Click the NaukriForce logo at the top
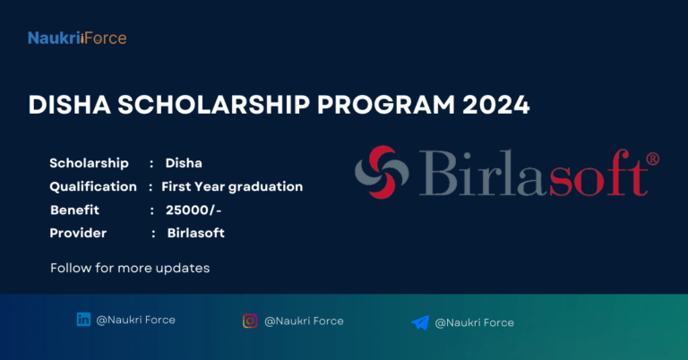[76, 38]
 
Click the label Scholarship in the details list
[89, 163]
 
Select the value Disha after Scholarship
[184, 163]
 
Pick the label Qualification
[92, 186]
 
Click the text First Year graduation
[232, 186]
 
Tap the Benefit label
[74, 210]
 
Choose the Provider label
[78, 233]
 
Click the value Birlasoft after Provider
[195, 233]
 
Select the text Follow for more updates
[129, 268]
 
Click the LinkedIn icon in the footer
[84, 320]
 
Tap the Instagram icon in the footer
[251, 321]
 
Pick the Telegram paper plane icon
[420, 322]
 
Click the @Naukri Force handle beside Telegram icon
[475, 322]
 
